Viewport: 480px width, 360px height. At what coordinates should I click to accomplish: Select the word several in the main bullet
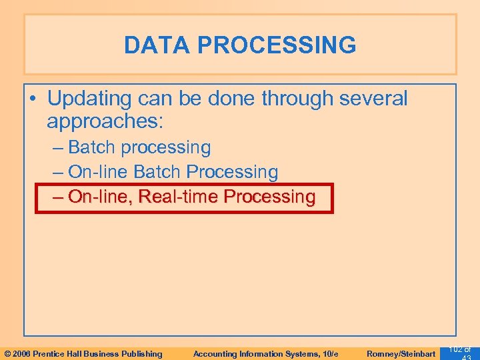[373, 99]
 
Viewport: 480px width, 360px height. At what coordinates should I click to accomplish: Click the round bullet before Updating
[32, 99]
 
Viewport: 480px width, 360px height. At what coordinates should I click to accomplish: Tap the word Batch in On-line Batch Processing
[157, 172]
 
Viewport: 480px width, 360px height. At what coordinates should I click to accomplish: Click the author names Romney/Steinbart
[401, 353]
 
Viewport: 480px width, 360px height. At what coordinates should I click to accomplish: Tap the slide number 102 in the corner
[456, 349]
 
